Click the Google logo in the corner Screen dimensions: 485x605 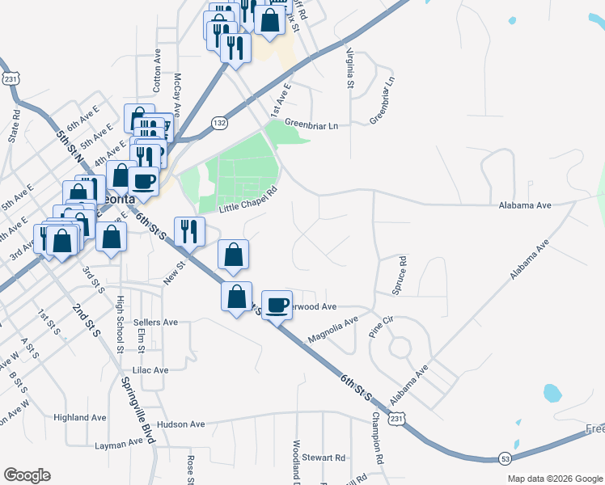27,475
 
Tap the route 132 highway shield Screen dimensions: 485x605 219,122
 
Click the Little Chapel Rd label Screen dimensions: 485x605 247,200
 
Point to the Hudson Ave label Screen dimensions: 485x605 182,424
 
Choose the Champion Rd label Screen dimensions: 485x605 377,437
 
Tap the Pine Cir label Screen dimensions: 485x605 380,327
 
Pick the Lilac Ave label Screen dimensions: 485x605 150,369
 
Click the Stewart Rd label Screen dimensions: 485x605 324,458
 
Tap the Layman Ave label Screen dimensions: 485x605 118,445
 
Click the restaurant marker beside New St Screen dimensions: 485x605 189,230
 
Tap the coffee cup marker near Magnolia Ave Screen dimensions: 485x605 277,304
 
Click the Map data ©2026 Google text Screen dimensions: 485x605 555,479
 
